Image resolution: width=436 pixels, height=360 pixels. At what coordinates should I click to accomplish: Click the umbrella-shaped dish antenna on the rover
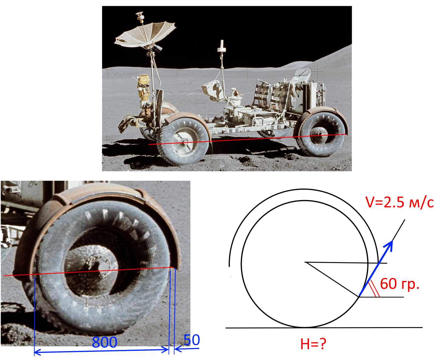(x=145, y=35)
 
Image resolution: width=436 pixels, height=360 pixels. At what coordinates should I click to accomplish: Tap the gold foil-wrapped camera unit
(x=143, y=88)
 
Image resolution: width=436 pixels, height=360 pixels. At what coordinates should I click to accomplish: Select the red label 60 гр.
(x=400, y=284)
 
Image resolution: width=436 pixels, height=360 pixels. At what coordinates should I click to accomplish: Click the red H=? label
(x=313, y=344)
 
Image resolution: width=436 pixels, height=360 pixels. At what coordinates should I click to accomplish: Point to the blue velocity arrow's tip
(x=392, y=241)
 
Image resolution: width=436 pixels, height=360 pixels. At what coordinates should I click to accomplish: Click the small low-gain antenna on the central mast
(x=222, y=46)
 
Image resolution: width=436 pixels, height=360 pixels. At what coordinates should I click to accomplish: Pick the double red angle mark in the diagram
(x=374, y=289)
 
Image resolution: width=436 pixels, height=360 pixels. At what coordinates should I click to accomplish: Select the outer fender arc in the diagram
(x=304, y=189)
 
